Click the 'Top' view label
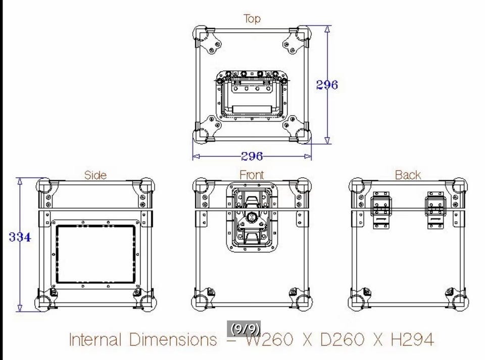[x=252, y=19]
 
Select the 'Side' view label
[x=95, y=175]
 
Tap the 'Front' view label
[x=252, y=175]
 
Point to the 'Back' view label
[x=408, y=175]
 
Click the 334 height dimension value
[x=20, y=237]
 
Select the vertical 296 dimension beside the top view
[x=327, y=85]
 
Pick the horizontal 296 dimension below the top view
[x=252, y=157]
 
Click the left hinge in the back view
[x=381, y=210]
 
